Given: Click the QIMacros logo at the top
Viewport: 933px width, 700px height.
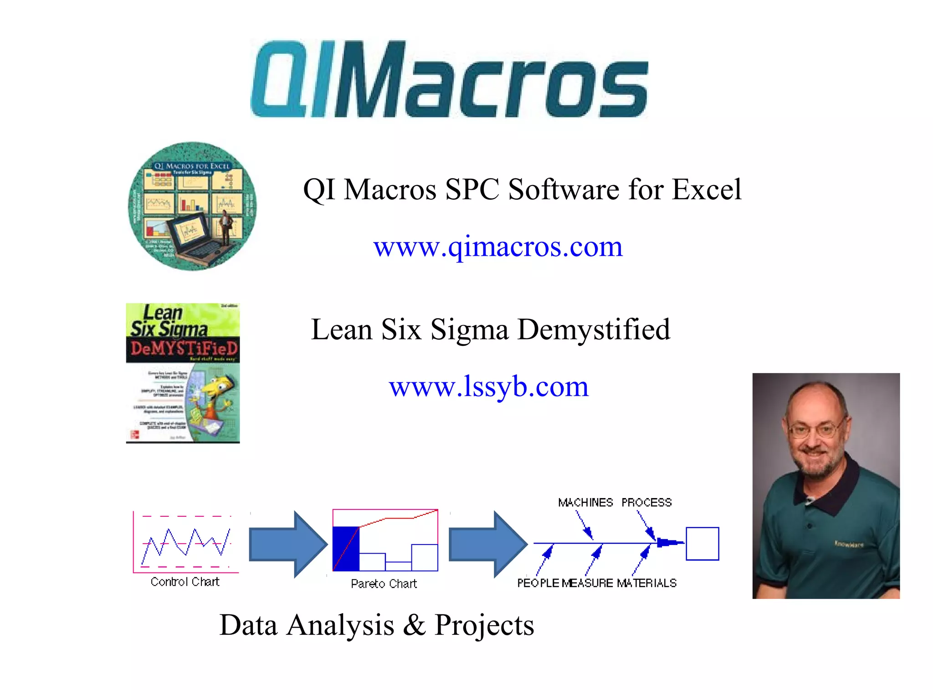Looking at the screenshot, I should [x=449, y=79].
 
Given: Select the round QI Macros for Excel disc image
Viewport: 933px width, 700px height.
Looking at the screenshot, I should [x=192, y=206].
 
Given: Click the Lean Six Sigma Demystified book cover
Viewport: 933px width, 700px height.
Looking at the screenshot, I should [x=183, y=373].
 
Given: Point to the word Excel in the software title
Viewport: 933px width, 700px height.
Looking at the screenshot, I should [x=707, y=189].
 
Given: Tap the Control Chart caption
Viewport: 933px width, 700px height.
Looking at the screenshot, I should [x=185, y=582].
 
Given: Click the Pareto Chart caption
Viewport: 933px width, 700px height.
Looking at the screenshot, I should [x=384, y=584].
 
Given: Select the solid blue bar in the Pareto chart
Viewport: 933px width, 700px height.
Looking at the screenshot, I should [x=346, y=549].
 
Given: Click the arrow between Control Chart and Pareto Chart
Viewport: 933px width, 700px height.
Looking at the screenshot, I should [x=288, y=544].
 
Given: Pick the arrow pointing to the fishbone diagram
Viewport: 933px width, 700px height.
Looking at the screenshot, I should [x=488, y=544].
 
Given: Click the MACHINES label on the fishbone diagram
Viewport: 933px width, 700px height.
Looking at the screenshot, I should [x=585, y=503].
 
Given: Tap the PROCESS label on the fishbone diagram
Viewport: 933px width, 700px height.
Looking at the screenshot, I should [x=646, y=503].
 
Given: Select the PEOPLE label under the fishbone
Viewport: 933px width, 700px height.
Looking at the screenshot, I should [x=538, y=583].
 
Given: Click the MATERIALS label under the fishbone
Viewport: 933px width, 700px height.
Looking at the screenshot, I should [x=646, y=583].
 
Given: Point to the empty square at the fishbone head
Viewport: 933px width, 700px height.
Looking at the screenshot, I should [x=702, y=544].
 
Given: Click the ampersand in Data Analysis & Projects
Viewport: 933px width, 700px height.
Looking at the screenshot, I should [x=414, y=625].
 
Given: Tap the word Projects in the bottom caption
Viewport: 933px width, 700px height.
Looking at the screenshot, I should [x=484, y=625].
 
